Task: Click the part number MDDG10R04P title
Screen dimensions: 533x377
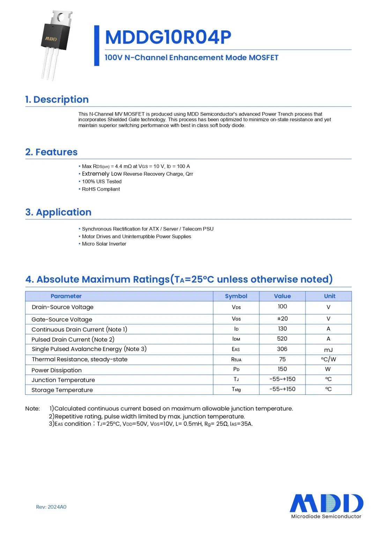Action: click(x=168, y=37)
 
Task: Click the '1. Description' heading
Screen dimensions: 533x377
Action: click(x=57, y=100)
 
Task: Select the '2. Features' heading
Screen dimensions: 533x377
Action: click(x=51, y=152)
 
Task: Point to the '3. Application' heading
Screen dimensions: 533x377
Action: click(x=58, y=212)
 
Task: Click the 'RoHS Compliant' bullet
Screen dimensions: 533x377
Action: click(x=101, y=189)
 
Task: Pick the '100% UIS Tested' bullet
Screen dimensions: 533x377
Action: click(x=102, y=182)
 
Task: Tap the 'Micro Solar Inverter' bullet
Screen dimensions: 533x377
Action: click(x=104, y=244)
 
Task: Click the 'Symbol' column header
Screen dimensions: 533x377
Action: click(x=236, y=296)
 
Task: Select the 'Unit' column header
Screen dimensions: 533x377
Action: click(x=330, y=296)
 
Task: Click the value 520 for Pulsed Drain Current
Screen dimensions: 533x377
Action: click(x=282, y=339)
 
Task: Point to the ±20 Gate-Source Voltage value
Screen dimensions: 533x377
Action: click(x=282, y=319)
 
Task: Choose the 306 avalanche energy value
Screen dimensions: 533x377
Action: click(x=282, y=349)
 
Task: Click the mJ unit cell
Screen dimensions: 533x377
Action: click(x=328, y=350)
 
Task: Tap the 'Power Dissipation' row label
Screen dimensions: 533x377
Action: click(x=57, y=370)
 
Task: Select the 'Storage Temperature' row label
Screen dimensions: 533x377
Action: click(x=62, y=390)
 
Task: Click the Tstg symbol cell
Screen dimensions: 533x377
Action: click(x=236, y=389)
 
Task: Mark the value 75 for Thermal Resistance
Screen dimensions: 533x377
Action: click(x=282, y=359)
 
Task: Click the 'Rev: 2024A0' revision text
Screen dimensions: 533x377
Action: click(x=51, y=507)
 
